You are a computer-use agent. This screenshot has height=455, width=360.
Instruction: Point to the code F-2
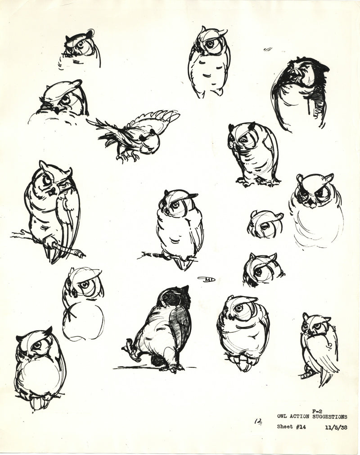pos(317,411)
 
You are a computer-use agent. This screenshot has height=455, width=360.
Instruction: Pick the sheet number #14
pos(300,427)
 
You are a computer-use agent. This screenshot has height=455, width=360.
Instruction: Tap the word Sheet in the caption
pos(284,427)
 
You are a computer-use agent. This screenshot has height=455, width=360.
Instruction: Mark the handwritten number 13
pos(258,422)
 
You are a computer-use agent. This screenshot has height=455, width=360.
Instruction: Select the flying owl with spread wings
pos(135,133)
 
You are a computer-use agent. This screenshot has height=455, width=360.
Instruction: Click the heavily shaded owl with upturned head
pos(299,92)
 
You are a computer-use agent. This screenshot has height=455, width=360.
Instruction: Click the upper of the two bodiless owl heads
pos(265,224)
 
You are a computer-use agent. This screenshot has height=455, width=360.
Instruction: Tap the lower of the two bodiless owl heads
pos(262,269)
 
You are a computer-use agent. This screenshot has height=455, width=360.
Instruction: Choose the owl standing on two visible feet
pos(253,155)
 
